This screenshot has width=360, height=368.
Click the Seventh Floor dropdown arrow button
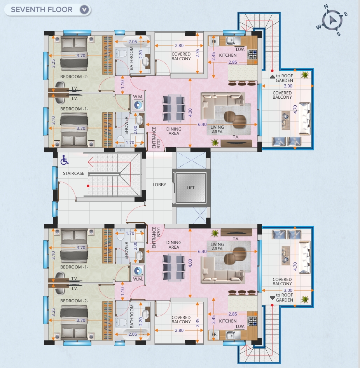pos(84,10)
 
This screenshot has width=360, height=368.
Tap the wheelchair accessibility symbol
pos(65,160)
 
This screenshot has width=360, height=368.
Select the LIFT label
pos(190,188)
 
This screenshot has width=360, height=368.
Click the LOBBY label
pos(159,185)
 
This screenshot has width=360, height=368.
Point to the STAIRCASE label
pos(73,173)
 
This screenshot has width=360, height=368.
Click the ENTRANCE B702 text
pos(156,138)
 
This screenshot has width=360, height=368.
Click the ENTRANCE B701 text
pos(156,237)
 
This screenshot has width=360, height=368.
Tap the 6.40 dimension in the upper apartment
pos(202,124)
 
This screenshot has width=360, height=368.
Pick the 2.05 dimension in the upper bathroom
pos(133,42)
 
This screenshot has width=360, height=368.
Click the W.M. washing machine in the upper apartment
pos(138,105)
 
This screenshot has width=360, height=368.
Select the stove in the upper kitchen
pos(253,54)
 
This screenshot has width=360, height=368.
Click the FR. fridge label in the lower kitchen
pos(215,334)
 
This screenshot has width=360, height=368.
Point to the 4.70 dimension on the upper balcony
pos(295,109)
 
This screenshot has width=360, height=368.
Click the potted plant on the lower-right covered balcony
pos(305,299)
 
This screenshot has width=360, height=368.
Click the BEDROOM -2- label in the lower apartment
pos(74,301)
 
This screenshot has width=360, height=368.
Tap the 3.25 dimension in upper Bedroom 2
pos(53,64)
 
